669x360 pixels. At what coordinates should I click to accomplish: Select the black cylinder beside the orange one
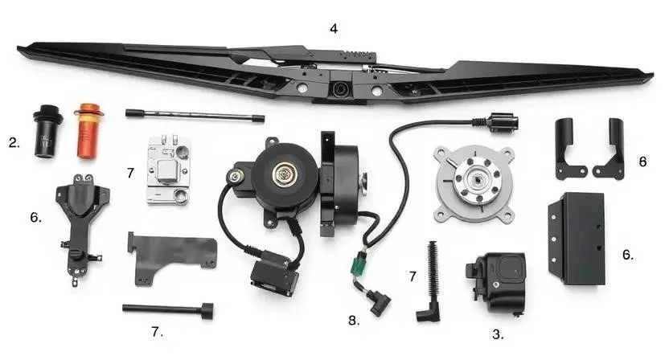click(x=47, y=131)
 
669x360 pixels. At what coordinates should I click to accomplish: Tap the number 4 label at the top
click(x=334, y=29)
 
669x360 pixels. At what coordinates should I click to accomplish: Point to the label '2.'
click(x=14, y=142)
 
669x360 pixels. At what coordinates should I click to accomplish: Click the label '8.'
click(x=354, y=321)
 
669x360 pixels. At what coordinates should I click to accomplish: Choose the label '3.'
click(x=498, y=334)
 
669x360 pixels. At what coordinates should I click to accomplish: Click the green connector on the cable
click(x=357, y=262)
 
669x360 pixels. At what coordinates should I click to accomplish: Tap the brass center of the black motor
click(x=283, y=174)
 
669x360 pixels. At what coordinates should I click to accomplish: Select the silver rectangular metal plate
click(x=168, y=170)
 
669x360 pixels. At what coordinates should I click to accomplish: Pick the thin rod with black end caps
click(x=195, y=115)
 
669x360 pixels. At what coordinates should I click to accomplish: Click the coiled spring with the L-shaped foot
click(x=431, y=281)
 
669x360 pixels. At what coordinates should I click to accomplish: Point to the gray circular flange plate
click(x=474, y=184)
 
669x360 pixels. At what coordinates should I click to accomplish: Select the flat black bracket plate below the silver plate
click(x=171, y=259)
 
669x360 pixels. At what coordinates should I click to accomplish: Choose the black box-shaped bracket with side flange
click(x=577, y=239)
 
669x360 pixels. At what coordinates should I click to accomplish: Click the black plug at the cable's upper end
click(x=500, y=122)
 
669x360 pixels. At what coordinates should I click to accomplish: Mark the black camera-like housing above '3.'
click(x=496, y=281)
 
